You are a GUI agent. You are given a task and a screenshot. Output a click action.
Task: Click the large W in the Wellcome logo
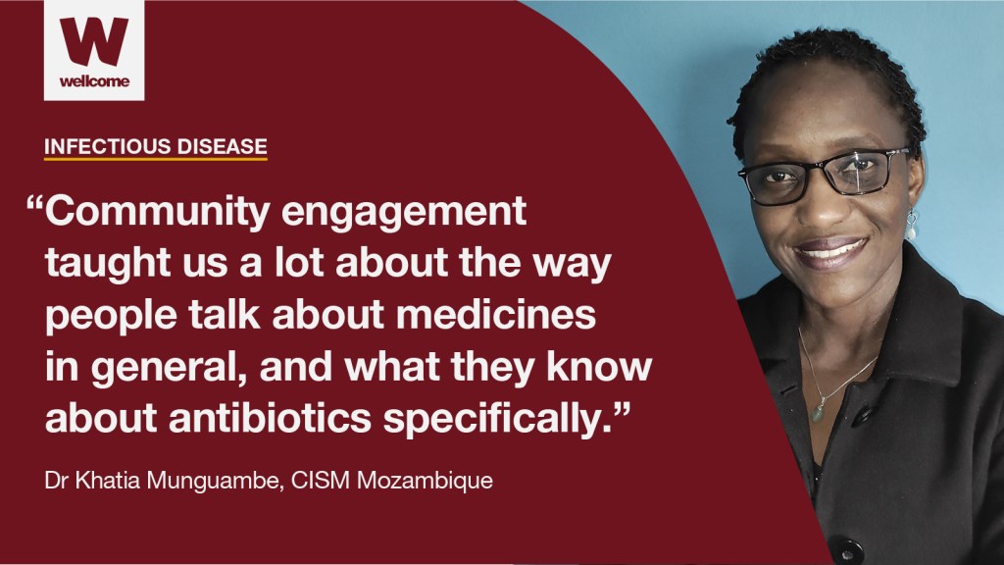[x=94, y=41]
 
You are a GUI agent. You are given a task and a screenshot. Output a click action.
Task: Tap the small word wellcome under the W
[x=94, y=81]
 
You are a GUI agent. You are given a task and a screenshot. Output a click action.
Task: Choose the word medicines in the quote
[x=495, y=315]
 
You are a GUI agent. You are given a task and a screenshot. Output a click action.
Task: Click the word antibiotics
[x=271, y=418]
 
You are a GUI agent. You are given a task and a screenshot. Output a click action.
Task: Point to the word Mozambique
[x=425, y=481]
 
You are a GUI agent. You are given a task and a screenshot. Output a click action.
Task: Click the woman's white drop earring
[x=912, y=227]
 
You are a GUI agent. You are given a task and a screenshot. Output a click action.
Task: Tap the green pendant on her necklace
[x=817, y=413]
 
